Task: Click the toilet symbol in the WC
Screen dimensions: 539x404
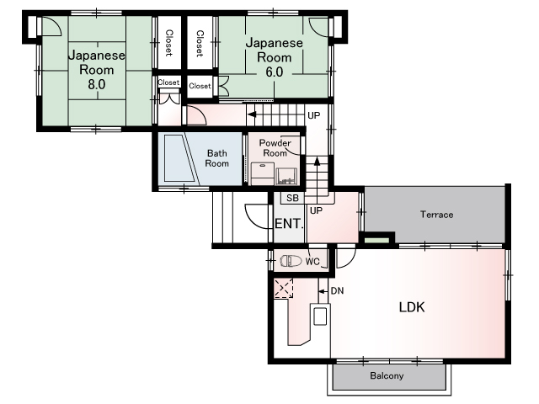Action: [291, 261]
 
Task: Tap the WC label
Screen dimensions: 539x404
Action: [312, 262]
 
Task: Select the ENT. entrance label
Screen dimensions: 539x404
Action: [289, 224]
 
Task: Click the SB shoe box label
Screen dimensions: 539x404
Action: [292, 198]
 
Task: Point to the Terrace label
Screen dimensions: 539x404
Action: [436, 215]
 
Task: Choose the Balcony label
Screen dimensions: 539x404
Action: [387, 375]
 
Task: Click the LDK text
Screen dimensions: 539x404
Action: [412, 306]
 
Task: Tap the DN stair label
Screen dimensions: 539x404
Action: [337, 291]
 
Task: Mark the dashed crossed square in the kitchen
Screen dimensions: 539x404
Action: [284, 288]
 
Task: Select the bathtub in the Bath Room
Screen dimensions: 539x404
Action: [181, 158]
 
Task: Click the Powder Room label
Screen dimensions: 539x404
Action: [275, 148]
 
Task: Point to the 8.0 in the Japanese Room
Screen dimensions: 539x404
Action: [97, 84]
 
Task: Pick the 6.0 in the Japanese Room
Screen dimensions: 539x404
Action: [275, 72]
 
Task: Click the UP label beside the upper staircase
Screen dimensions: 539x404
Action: [313, 115]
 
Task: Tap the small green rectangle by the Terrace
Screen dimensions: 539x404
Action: [376, 240]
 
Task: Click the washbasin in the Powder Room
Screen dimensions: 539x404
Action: [286, 176]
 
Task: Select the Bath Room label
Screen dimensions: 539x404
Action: [217, 158]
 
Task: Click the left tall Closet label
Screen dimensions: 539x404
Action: [168, 43]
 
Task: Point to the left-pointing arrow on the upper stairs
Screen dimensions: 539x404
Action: [252, 114]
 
